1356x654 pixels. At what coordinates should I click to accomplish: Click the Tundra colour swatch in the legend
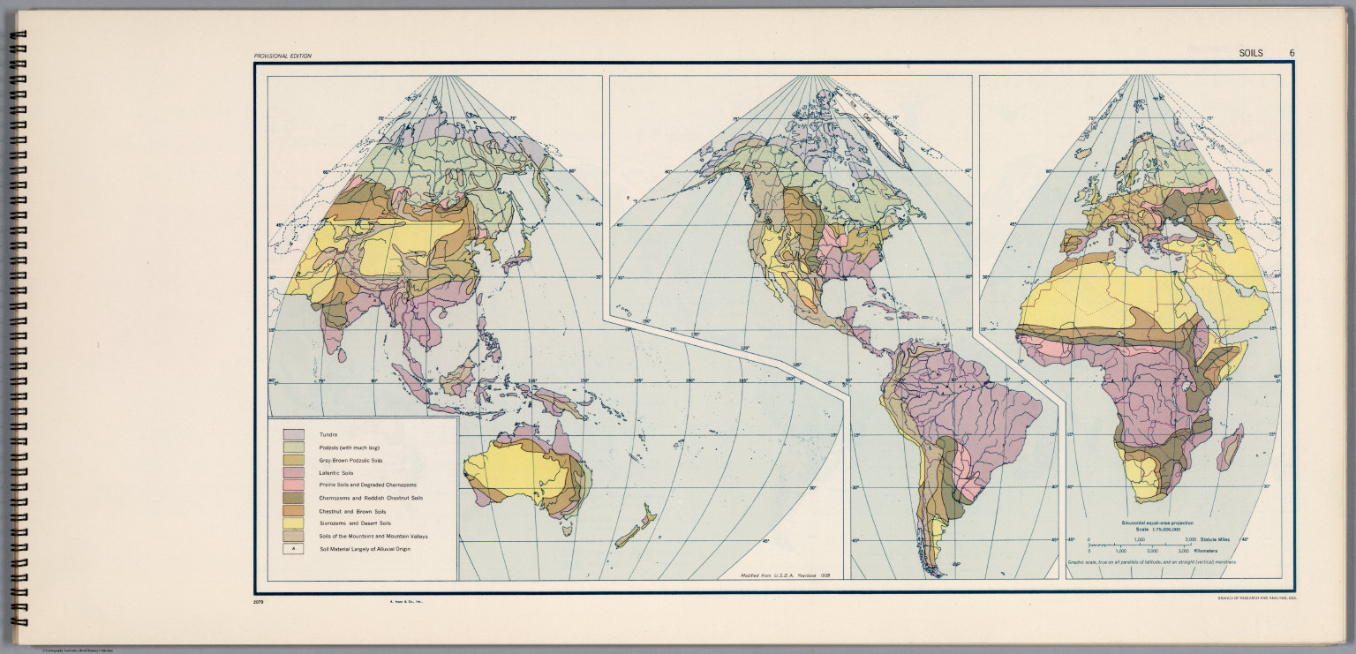293,434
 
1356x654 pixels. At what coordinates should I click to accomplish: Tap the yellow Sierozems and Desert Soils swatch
293,523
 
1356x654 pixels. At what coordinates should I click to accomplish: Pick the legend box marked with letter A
293,549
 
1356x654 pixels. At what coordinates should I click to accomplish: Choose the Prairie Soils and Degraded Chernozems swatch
293,485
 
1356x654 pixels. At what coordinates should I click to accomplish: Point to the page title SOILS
1251,53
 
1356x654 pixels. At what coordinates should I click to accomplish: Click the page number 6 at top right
1292,53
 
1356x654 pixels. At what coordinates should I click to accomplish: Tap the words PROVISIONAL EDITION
282,56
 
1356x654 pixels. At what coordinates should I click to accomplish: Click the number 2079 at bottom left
258,602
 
